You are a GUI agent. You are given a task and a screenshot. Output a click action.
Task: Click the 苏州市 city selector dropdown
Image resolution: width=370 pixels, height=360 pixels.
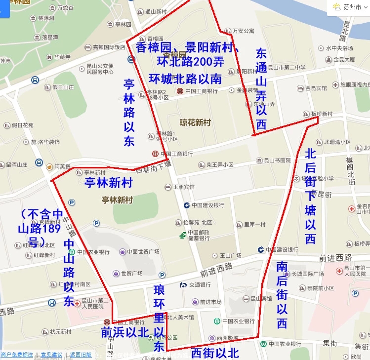pyautogui.click(x=350, y=7)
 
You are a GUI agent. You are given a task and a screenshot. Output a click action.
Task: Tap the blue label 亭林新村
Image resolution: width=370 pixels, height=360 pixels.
pyautogui.click(x=109, y=183)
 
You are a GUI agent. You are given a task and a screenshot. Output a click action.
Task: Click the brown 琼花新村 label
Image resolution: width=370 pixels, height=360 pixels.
pyautogui.click(x=195, y=122)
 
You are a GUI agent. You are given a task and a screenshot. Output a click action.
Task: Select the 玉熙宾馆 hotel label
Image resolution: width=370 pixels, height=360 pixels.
pyautogui.click(x=183, y=187)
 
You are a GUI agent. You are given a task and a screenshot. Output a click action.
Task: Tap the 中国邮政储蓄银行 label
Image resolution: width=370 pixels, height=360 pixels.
pyautogui.click(x=198, y=235)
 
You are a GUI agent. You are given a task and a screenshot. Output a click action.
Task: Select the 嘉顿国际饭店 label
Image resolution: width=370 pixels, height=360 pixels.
pyautogui.click(x=109, y=47)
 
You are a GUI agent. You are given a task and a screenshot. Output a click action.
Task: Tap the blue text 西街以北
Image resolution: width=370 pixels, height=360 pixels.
pyautogui.click(x=215, y=353)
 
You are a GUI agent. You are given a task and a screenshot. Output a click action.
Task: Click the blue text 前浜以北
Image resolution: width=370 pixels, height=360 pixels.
pyautogui.click(x=125, y=332)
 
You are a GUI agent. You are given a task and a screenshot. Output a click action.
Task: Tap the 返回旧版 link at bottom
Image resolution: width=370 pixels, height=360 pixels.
pyautogui.click(x=81, y=355)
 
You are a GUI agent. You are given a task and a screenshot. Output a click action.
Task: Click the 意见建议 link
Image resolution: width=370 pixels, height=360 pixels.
pyautogui.click(x=51, y=355)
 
